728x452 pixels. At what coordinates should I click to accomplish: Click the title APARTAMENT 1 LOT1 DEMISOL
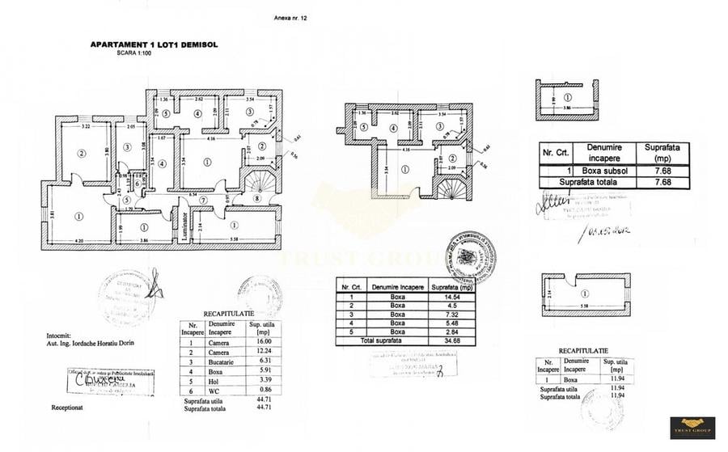coord(154,45)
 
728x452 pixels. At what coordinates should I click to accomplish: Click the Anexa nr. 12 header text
coord(292,17)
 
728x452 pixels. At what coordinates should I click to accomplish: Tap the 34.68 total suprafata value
coord(443,341)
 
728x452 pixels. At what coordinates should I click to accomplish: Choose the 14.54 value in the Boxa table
coord(444,297)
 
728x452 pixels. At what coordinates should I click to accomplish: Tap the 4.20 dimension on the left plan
coord(79,242)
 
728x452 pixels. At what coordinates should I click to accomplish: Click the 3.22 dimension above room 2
coord(84,127)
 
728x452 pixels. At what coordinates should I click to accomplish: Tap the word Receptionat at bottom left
coord(70,408)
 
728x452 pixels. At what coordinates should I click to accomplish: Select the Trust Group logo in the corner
coord(692,427)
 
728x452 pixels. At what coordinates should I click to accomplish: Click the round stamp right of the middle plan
coord(470,258)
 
